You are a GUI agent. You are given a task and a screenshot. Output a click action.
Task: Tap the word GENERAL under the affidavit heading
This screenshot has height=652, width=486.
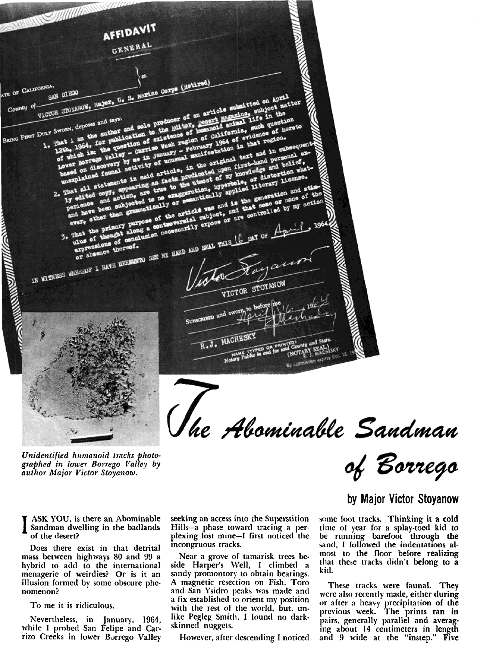click(x=132, y=49)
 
